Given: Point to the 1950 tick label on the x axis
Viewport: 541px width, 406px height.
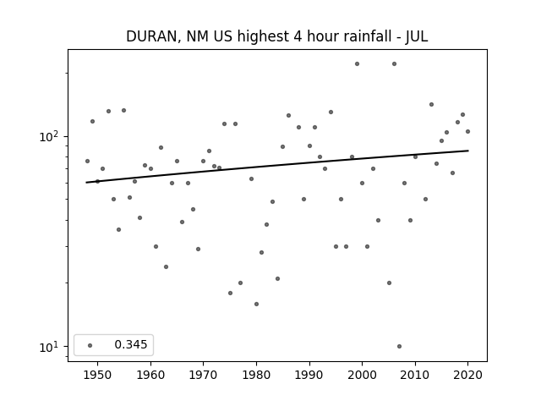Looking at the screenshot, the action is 98,375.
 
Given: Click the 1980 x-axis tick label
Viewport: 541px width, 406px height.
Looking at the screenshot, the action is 256,375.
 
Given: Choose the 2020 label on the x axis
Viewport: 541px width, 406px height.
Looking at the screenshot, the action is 467,375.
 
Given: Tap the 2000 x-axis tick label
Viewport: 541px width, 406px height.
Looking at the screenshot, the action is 362,375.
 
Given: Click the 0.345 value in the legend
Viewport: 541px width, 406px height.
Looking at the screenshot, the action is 131,344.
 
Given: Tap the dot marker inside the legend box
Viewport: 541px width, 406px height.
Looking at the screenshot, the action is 90,345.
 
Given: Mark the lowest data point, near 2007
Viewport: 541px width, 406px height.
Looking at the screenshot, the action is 399,346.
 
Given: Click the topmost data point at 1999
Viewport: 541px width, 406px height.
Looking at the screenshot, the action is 357,64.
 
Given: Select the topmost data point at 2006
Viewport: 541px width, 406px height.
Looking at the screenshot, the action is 395,64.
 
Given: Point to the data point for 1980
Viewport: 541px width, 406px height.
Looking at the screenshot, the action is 256,304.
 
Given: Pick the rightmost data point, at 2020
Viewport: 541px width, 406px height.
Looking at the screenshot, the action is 467,132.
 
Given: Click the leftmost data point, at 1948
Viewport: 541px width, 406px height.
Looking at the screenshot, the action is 87,162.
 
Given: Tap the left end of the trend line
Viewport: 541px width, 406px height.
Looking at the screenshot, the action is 86,183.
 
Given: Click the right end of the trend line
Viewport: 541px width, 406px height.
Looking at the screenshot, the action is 468,151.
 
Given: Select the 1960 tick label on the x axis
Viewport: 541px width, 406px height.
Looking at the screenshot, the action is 150,375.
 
